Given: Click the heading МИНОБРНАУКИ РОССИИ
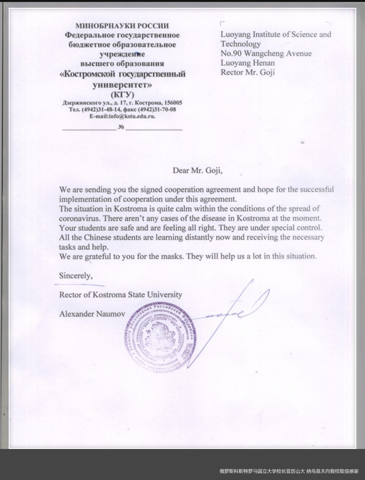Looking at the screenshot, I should click(122, 26).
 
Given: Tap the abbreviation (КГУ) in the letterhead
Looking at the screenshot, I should click(122, 94).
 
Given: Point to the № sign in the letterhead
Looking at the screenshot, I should click(121, 127).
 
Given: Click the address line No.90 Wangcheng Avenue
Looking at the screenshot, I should click(266, 53).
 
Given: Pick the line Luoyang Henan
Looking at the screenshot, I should click(248, 63).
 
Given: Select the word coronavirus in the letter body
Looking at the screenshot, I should click(79, 218).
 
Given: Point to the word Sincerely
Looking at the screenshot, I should click(76, 276).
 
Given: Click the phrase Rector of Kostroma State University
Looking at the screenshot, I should click(120, 294).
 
